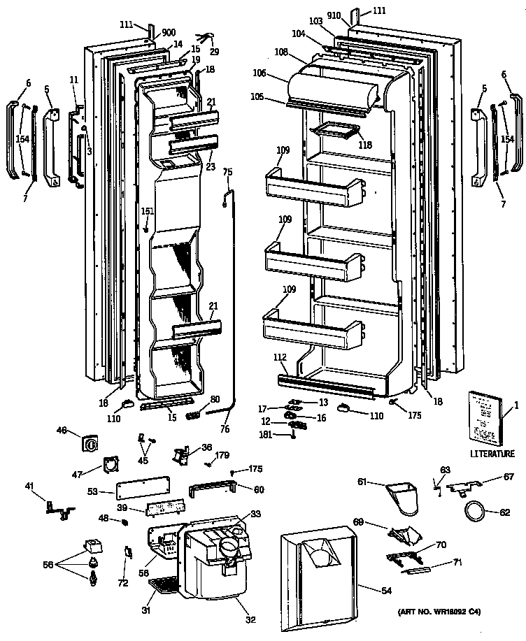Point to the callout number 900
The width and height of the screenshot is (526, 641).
(169, 33)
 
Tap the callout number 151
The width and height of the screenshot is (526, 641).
(147, 212)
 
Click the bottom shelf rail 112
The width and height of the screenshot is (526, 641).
(329, 382)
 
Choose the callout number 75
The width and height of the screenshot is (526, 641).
(227, 171)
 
